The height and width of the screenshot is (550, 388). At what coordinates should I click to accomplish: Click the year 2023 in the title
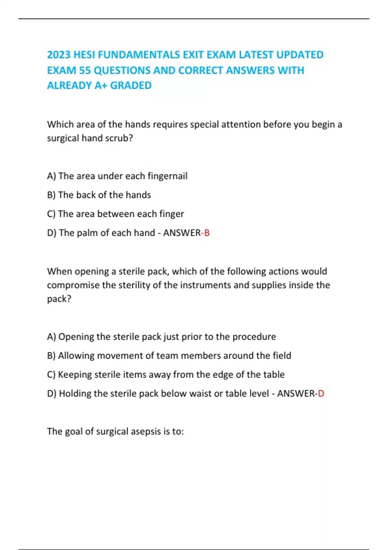(59, 55)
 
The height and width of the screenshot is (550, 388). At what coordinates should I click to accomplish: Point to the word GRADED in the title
(131, 85)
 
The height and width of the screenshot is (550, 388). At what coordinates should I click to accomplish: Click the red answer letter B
(207, 233)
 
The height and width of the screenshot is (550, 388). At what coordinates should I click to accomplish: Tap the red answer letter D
(321, 393)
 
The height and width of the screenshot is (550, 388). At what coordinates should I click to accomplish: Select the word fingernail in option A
(167, 176)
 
